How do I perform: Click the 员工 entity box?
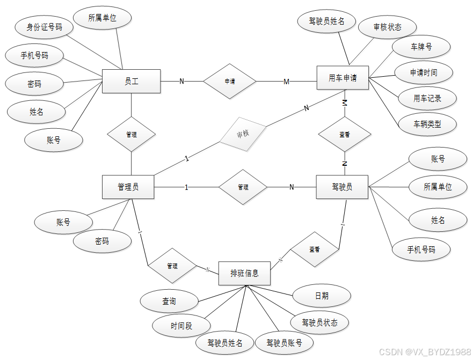[x=132, y=82]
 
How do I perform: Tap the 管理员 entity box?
[x=128, y=187]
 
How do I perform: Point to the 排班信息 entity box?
[x=244, y=273]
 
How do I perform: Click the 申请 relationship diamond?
[x=229, y=82]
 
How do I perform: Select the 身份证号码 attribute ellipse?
[x=45, y=27]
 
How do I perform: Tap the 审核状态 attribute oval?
[x=387, y=27]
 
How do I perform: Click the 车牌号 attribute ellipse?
[x=421, y=47]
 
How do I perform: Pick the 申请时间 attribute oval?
[x=424, y=72]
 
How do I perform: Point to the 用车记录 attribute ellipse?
[x=427, y=98]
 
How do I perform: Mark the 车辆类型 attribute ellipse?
[x=427, y=124]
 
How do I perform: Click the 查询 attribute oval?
[x=169, y=302]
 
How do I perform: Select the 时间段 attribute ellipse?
[x=181, y=325]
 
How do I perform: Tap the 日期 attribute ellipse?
[x=322, y=296]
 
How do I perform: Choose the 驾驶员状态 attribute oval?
[x=320, y=322]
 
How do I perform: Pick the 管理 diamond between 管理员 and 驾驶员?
[x=243, y=187]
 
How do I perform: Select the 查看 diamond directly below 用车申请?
[x=345, y=135]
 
